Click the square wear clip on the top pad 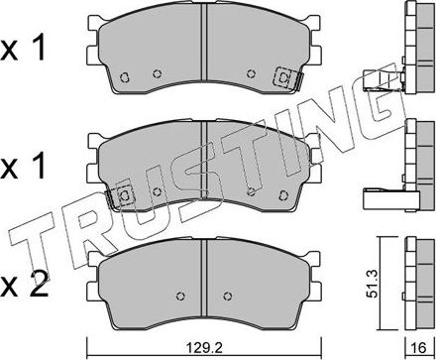coord(283,77)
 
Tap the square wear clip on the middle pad coord(124,197)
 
